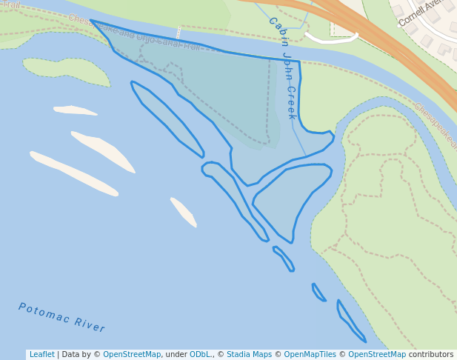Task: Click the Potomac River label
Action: click(x=61, y=318)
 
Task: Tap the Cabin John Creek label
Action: click(x=282, y=68)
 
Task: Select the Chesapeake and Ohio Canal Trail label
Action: click(x=134, y=33)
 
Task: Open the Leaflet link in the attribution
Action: click(x=41, y=355)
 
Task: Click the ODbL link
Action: click(x=200, y=355)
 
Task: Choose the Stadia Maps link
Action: click(x=249, y=355)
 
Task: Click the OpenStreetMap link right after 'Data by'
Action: click(x=131, y=355)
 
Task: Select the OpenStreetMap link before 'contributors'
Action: click(x=377, y=355)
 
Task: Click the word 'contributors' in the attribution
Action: click(x=431, y=355)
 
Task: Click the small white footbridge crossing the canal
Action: click(x=178, y=32)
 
